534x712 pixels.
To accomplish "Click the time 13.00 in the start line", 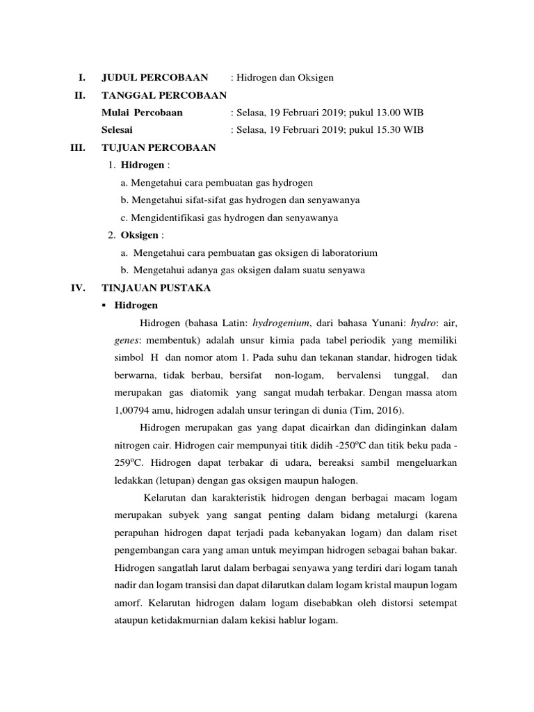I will click(x=385, y=113).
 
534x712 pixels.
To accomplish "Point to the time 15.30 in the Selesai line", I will click(x=385, y=130).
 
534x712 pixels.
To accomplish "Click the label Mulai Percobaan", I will click(x=142, y=113).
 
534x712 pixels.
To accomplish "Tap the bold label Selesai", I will click(x=118, y=130).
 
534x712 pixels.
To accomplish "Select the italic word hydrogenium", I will click(x=282, y=323).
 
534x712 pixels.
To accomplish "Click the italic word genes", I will click(x=126, y=341).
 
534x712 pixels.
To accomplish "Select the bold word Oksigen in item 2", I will click(x=140, y=235).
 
